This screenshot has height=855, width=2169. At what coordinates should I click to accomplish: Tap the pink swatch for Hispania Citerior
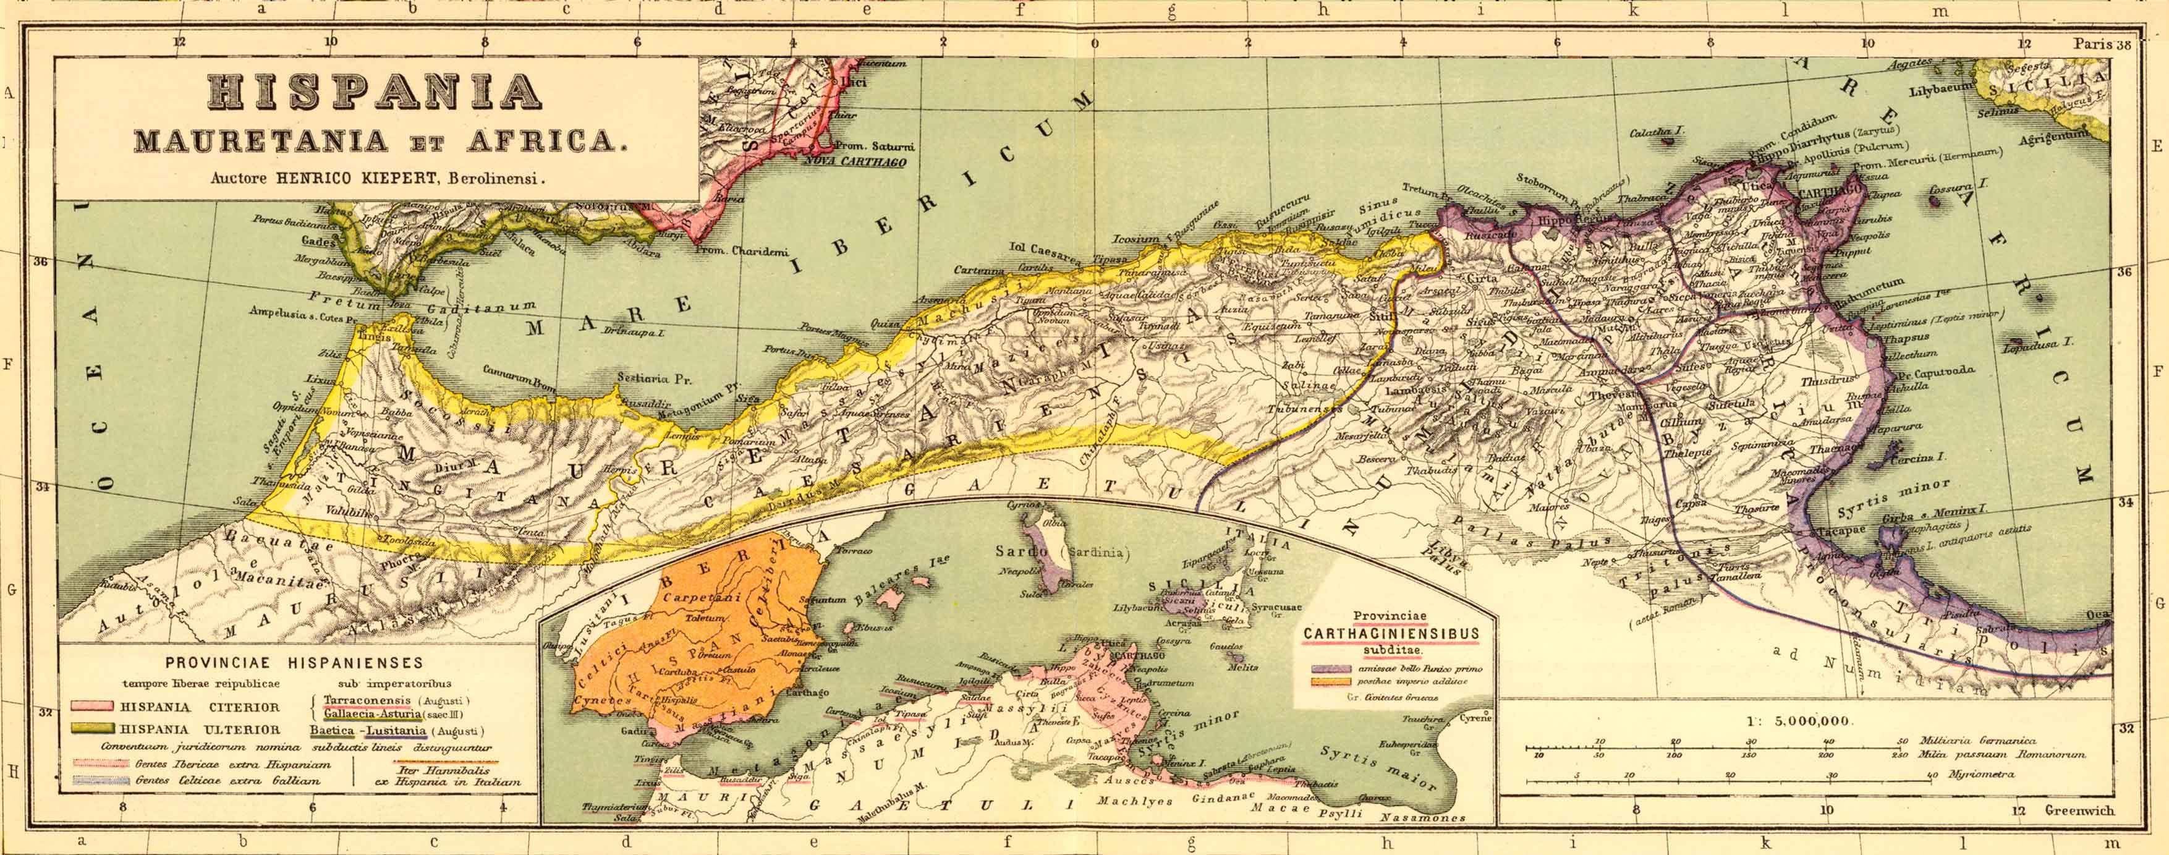[93, 707]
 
